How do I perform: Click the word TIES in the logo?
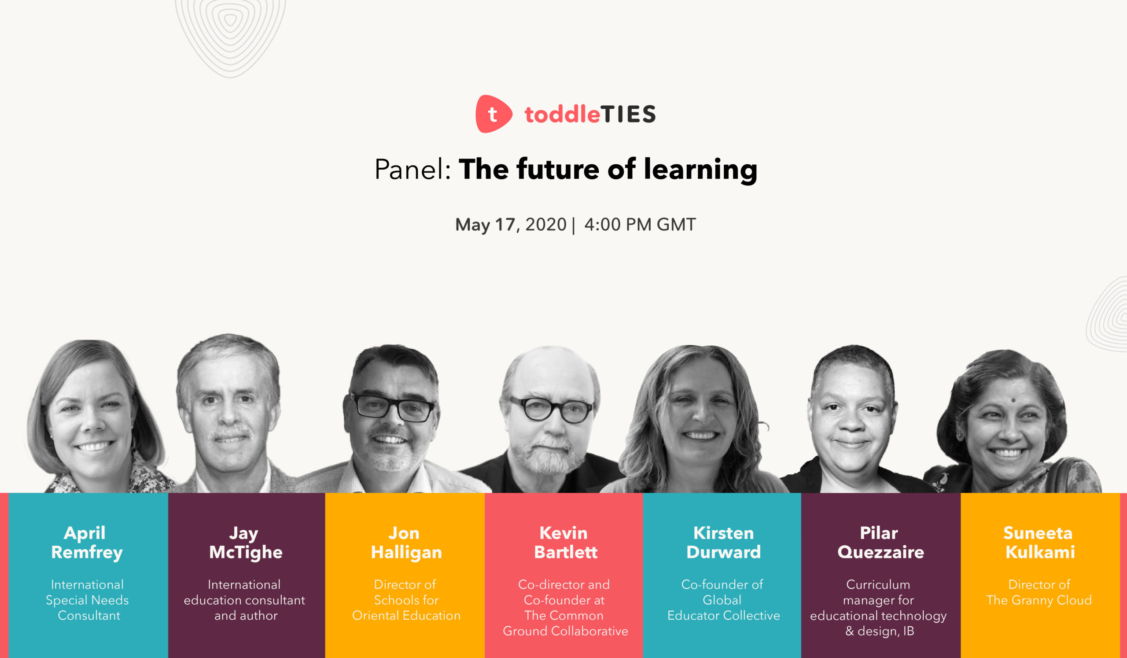[628, 115]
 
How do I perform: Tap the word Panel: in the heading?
[412, 170]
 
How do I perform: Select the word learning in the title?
[700, 170]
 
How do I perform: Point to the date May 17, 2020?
[511, 225]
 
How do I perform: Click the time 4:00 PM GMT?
[640, 225]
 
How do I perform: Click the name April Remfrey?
[86, 543]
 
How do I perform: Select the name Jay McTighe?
[246, 543]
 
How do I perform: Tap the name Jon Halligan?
[406, 543]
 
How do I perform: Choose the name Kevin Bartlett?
[565, 543]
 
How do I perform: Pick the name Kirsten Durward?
[724, 543]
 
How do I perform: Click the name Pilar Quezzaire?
[880, 543]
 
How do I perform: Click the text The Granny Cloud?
[1039, 600]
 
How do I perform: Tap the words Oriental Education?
[406, 616]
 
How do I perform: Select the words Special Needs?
[87, 600]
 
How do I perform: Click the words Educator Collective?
[724, 616]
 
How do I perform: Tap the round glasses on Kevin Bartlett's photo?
[551, 409]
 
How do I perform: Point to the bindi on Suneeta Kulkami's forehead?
[1013, 400]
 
